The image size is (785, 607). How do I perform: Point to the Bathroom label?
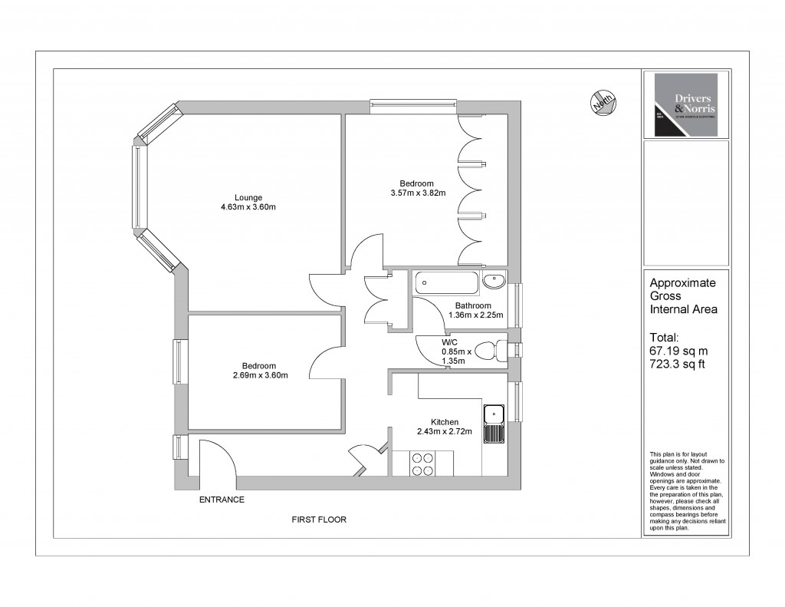[472, 306]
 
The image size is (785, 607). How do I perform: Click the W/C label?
[450, 342]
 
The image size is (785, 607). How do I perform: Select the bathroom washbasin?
[495, 281]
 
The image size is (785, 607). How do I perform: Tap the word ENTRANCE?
[222, 500]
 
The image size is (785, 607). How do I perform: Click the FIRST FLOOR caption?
[319, 520]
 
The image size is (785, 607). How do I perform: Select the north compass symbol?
[603, 102]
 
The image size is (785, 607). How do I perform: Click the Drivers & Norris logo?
[685, 105]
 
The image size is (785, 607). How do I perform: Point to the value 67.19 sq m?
[676, 351]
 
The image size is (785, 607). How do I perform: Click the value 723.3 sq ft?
[676, 365]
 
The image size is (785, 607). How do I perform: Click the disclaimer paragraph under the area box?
[686, 491]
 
